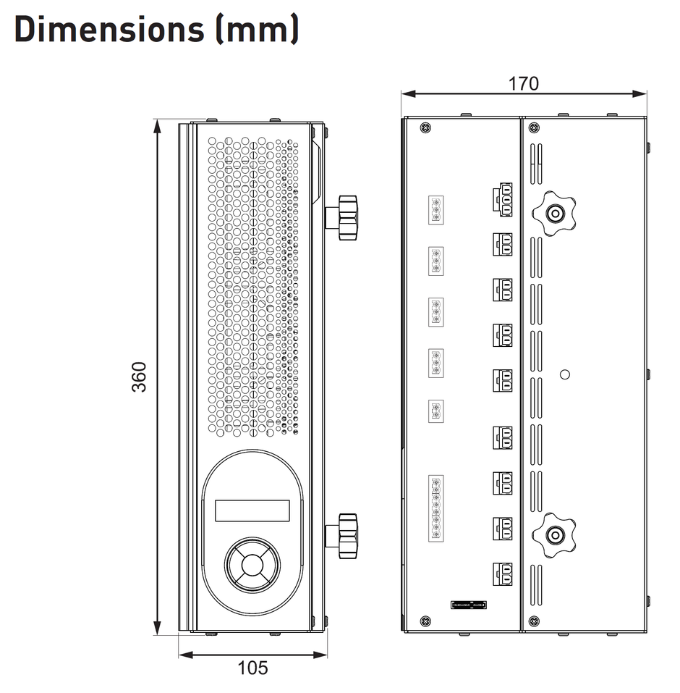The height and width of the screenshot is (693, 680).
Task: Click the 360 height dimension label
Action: tap(139, 377)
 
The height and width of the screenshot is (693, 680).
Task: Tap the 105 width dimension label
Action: tap(252, 668)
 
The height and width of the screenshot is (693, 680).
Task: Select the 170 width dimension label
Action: tap(523, 83)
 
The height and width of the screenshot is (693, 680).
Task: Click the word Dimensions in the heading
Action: tap(109, 29)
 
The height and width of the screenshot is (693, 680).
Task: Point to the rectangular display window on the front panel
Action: tap(252, 511)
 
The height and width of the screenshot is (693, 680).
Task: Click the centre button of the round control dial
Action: tap(252, 566)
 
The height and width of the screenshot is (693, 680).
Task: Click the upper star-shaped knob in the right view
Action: tap(554, 214)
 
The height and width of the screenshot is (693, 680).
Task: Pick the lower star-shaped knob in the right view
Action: tap(554, 535)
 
